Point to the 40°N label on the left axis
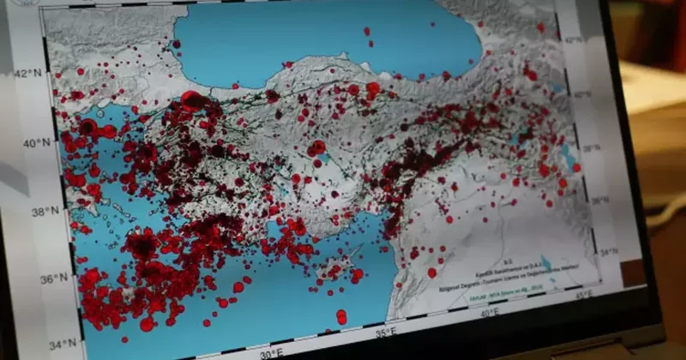point(36,143)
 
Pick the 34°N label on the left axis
point(62,345)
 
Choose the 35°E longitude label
point(385,331)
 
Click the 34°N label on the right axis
point(607,253)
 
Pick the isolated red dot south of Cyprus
point(341,317)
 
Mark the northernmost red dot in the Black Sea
point(366,31)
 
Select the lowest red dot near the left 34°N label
point(147,325)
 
